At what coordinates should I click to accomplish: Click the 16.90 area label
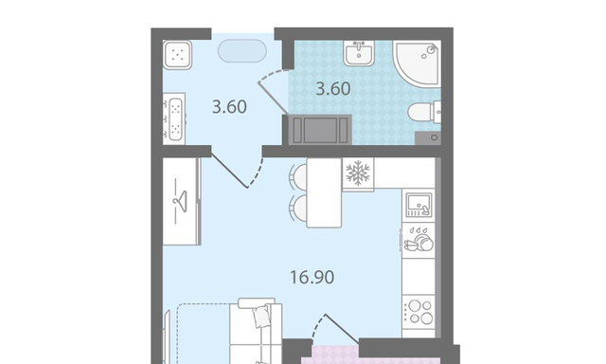tap(312, 278)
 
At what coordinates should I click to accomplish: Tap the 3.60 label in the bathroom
tap(333, 88)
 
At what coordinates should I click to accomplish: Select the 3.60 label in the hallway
tap(229, 107)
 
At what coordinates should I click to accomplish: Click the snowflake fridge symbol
tap(358, 173)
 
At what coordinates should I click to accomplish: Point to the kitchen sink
tap(419, 205)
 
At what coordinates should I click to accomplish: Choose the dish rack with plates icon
tap(419, 240)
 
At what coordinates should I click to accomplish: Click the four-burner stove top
tap(419, 312)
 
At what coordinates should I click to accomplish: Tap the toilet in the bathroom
tap(424, 112)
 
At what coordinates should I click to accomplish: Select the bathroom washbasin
tap(359, 53)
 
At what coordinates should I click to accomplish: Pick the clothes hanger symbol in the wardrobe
tap(180, 201)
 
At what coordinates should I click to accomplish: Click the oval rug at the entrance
tap(242, 50)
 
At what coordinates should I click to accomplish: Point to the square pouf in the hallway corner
tap(177, 55)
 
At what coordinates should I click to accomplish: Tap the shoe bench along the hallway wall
tap(174, 118)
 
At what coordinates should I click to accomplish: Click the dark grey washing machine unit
tap(320, 130)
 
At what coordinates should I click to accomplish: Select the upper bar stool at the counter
tap(298, 177)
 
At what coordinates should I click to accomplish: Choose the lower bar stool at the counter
tap(297, 208)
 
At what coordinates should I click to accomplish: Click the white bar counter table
tap(324, 192)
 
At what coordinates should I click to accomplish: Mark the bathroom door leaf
tap(273, 99)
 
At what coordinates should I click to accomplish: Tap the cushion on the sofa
tap(261, 318)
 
